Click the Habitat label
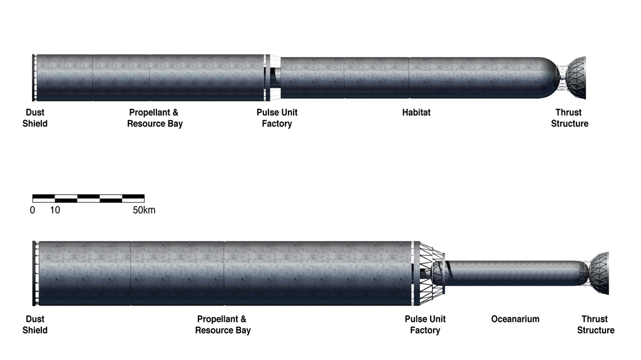[416, 113]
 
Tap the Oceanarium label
[515, 319]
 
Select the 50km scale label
[144, 210]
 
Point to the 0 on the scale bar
[33, 210]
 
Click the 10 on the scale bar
[55, 210]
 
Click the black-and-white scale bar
[88, 198]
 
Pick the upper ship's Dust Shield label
[35, 118]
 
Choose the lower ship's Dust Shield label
[35, 324]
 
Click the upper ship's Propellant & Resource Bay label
[155, 118]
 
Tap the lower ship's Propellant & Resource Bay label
[223, 324]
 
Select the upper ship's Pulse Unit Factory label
[277, 118]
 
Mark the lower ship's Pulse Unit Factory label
[425, 324]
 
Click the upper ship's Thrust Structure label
[570, 118]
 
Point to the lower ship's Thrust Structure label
[596, 324]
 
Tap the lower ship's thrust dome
[600, 273]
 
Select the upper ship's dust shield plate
[34, 78]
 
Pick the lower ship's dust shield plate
[34, 273]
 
